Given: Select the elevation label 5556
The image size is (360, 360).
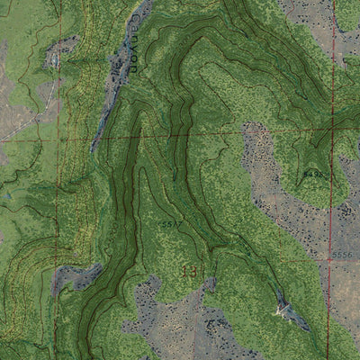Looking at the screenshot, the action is tap(344, 255).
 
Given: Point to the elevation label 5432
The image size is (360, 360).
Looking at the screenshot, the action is tap(312, 172).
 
